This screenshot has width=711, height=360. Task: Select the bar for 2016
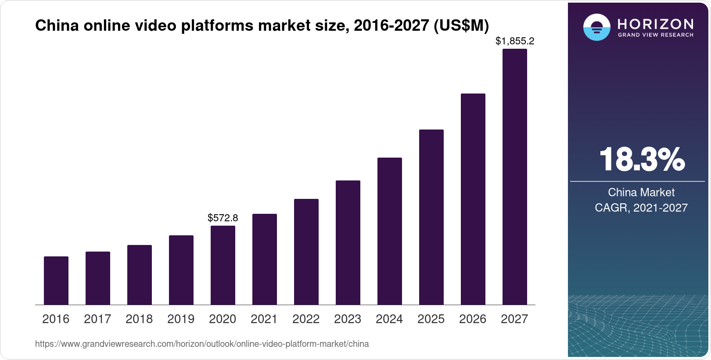tap(56, 281)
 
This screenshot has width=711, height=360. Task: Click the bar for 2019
tap(181, 270)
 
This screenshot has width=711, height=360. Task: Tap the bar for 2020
tap(223, 265)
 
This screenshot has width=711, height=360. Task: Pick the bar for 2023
tap(348, 242)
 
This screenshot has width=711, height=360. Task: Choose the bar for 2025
tap(431, 217)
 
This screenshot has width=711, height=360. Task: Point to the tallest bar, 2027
tap(515, 176)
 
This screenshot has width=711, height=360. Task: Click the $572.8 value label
tap(223, 218)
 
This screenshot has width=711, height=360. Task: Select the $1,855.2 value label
tap(515, 41)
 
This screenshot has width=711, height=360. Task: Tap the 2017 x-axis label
tap(97, 319)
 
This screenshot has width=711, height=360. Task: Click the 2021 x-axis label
tap(264, 319)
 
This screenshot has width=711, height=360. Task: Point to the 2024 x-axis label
tap(389, 319)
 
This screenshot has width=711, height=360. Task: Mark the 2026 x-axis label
tap(473, 319)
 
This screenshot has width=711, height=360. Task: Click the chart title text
tap(262, 26)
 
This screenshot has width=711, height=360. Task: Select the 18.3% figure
tap(642, 160)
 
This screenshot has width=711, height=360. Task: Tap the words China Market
tap(641, 192)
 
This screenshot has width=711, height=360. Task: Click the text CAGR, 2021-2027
tap(641, 208)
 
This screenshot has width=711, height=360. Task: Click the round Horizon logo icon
tap(596, 27)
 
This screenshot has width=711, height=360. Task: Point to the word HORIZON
tap(656, 24)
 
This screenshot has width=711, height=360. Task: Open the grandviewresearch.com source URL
tap(202, 344)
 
